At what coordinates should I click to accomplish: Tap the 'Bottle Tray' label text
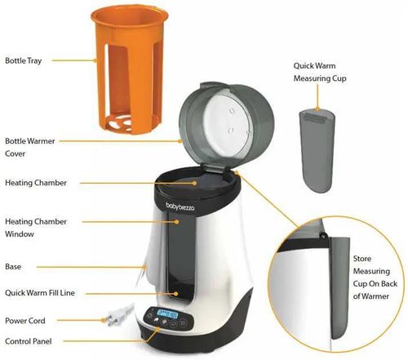[25, 60]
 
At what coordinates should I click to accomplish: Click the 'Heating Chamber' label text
[36, 182]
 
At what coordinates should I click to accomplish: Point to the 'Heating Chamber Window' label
[36, 227]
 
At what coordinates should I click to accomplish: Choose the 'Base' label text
[14, 267]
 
